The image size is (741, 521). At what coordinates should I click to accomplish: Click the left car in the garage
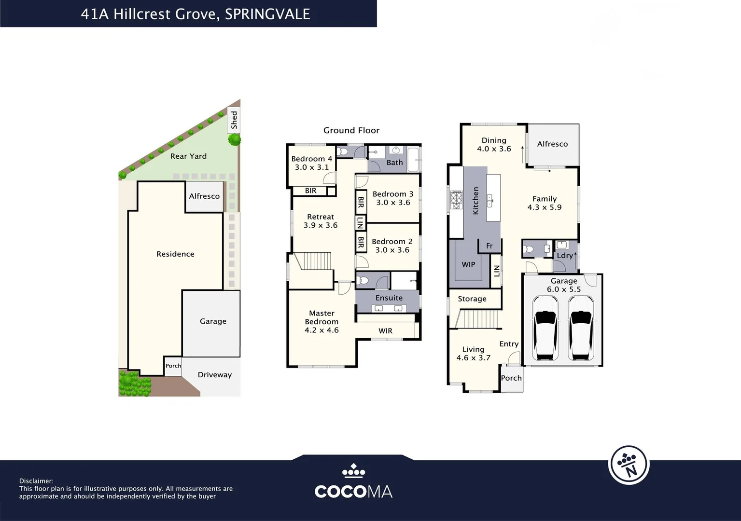tap(545, 328)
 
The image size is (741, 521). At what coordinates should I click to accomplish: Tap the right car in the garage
tap(581, 328)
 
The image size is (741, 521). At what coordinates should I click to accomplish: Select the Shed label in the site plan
tap(234, 120)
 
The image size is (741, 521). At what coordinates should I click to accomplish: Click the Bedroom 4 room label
tap(311, 159)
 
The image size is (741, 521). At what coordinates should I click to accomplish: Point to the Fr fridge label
tap(489, 246)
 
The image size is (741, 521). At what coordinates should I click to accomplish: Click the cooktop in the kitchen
tap(456, 200)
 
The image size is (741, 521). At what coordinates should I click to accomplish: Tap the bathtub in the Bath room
tap(413, 159)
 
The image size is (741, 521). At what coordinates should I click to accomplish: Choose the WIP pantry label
tap(468, 264)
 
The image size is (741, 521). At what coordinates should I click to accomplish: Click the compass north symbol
tap(629, 465)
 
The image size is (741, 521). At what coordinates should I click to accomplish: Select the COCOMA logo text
tap(353, 491)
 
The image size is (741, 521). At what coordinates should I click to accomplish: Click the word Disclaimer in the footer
tap(36, 481)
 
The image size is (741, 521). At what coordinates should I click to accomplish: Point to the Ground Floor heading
tap(351, 130)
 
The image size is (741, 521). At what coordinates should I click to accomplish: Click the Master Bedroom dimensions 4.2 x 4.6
tap(322, 330)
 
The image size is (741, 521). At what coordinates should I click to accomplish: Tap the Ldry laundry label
tap(565, 256)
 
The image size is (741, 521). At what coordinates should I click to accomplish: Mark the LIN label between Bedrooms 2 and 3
tap(360, 222)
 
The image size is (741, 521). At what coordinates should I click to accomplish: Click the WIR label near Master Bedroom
tap(385, 331)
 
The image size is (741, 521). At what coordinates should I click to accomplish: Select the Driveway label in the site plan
tap(214, 375)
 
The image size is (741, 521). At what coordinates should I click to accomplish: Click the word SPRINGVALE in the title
tap(267, 14)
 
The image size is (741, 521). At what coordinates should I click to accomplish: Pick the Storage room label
tap(472, 299)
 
